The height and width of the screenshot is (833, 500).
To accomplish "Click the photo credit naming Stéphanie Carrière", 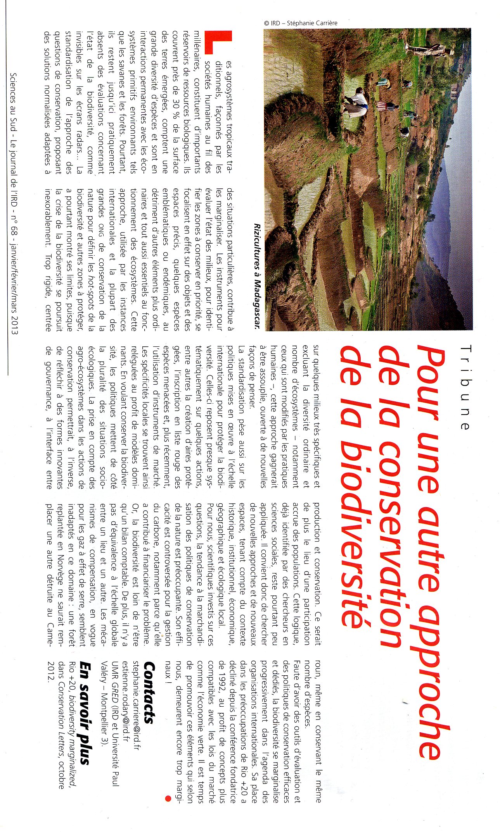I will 300,23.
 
